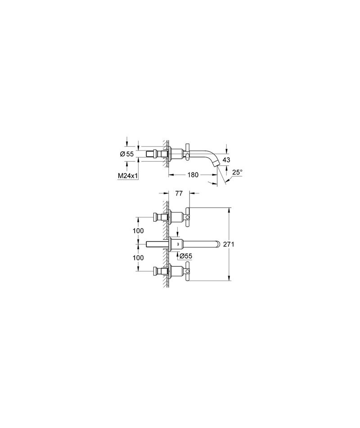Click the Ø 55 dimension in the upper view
tap(127, 154)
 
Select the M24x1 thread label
tap(127, 176)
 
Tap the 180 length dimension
tap(193, 175)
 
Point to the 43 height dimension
tap(226, 160)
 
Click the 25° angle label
tap(237, 172)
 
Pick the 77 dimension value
tap(179, 193)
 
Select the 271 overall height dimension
tap(229, 245)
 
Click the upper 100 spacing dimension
tap(138, 231)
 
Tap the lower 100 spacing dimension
tap(138, 258)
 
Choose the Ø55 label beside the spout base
tap(186, 256)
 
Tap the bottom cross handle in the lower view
tap(187, 271)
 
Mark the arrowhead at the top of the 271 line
tap(229, 210)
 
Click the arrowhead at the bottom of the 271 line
tap(229, 278)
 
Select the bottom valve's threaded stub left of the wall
tap(159, 271)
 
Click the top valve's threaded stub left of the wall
tap(159, 217)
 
